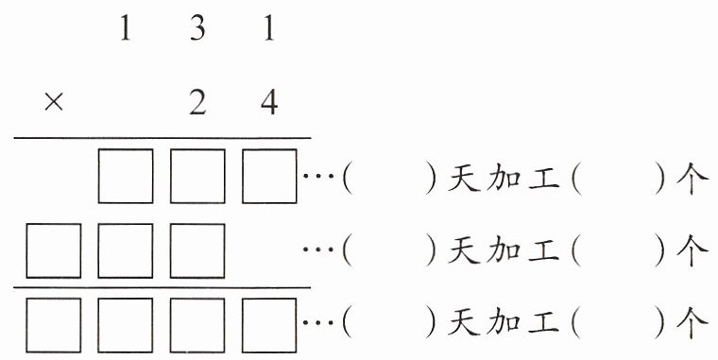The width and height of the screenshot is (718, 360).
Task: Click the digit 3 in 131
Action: coord(197,28)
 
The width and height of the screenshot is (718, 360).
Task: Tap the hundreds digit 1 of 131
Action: coord(125,28)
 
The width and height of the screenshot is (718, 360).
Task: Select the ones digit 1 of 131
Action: coord(269,28)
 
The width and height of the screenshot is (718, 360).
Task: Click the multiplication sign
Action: coord(54,102)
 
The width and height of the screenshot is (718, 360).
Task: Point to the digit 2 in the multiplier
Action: coord(197,103)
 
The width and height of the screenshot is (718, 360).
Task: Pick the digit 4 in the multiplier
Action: coord(269,103)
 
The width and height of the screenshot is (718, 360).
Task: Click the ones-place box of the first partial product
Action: coord(269,176)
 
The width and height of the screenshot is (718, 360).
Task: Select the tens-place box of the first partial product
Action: coord(197,176)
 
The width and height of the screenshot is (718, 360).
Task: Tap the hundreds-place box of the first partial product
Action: coord(126,176)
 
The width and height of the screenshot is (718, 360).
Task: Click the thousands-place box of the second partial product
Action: coord(54,250)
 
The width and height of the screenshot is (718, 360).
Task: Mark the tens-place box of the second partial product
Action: coord(197,250)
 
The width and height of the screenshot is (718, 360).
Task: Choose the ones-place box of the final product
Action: coord(269,325)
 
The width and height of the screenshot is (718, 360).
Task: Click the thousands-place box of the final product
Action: coord(54,325)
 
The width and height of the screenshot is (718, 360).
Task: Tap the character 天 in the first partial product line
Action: coord(464,178)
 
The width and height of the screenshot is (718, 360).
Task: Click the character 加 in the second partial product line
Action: coord(504,251)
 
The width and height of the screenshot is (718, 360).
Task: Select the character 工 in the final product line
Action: coord(543,323)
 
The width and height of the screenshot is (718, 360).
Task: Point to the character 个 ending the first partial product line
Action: coord(692,179)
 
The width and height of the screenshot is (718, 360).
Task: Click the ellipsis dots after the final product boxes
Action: coord(318,323)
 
